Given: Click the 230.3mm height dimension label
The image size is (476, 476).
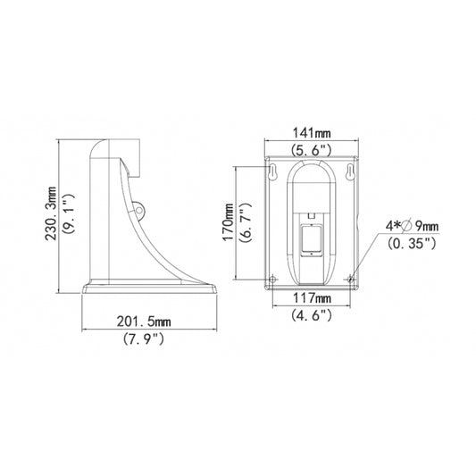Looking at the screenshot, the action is tap(51, 213).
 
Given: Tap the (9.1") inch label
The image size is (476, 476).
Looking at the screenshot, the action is tap(68, 213).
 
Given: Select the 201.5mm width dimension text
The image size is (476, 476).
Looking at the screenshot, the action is tap(144, 322).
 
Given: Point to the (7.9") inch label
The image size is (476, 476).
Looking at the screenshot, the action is tap(144, 338).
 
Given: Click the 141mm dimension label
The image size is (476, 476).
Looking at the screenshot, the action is tap(312, 133).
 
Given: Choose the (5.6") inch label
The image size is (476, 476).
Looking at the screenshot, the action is tap(311, 150).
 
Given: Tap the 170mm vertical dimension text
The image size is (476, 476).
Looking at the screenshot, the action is tap(229, 221).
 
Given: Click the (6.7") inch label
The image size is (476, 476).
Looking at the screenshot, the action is tap(246, 221).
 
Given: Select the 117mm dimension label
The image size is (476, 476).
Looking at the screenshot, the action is tap(312, 298).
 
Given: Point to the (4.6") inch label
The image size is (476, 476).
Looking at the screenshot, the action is tap(312, 315).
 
